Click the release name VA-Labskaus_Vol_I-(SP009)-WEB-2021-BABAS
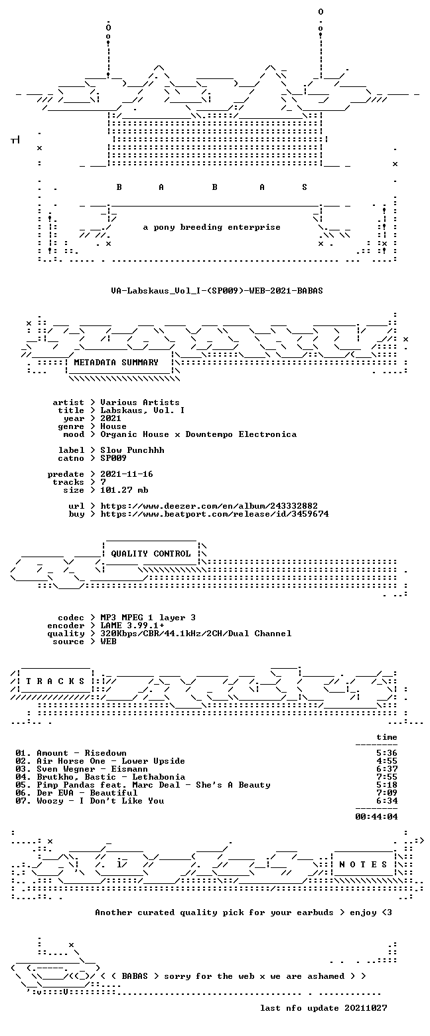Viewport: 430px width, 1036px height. click(x=217, y=290)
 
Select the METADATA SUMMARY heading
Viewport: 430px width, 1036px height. click(x=116, y=362)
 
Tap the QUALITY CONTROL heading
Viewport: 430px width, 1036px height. click(x=151, y=554)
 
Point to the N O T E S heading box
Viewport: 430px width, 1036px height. click(x=363, y=865)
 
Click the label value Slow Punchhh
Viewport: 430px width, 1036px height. click(x=132, y=450)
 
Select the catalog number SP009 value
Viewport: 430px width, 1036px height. click(x=113, y=458)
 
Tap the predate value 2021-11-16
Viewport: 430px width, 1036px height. click(x=127, y=474)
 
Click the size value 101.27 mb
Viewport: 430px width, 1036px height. click(x=124, y=490)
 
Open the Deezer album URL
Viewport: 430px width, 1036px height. click(x=209, y=506)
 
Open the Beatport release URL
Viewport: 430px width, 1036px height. click(x=214, y=514)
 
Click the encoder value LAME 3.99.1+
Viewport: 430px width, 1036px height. click(x=132, y=626)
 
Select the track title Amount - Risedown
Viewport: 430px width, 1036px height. click(x=82, y=753)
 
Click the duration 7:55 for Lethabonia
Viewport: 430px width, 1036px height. click(x=387, y=777)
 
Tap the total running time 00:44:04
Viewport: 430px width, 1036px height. click(x=376, y=817)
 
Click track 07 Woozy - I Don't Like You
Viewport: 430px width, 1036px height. click(x=90, y=801)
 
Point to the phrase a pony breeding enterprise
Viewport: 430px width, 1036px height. click(x=212, y=227)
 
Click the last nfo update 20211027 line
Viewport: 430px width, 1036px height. click(x=324, y=1008)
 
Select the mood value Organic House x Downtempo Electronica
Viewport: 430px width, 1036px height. click(x=198, y=434)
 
